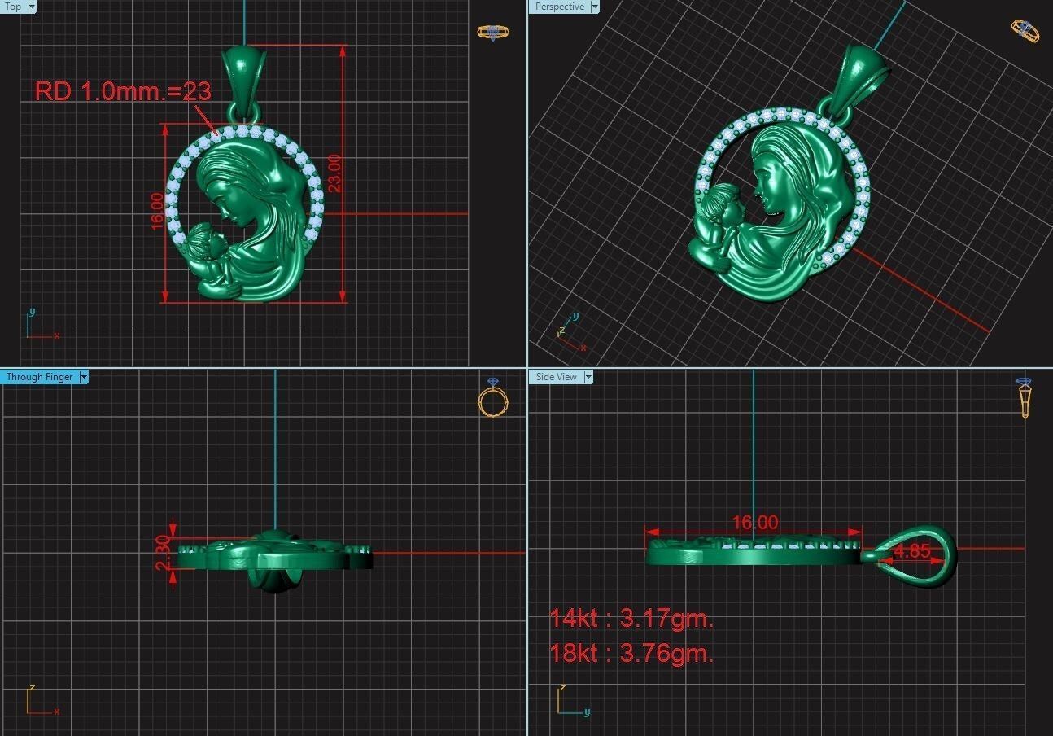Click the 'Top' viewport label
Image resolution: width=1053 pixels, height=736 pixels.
13,7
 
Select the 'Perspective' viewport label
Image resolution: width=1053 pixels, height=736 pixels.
559,7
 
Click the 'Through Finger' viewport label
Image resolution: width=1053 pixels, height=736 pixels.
39,377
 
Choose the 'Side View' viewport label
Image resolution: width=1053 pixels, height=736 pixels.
556,377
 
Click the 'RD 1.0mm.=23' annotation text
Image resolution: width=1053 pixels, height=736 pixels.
123,91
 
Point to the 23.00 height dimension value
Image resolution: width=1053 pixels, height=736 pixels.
334,173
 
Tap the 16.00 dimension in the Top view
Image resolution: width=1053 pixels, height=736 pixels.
157,211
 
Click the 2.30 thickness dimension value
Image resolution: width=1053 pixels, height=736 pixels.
163,553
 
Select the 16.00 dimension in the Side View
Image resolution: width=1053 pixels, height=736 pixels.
754,523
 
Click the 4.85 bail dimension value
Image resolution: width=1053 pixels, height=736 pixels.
911,551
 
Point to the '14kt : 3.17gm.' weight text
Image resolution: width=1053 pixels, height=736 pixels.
631,618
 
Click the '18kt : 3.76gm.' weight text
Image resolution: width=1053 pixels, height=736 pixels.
631,653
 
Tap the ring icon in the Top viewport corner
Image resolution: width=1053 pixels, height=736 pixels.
492,33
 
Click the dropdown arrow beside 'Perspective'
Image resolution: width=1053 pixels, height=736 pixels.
595,7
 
